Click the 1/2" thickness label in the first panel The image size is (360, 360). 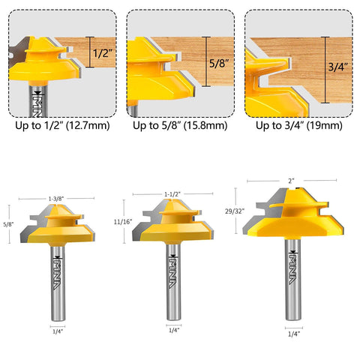click(100, 53)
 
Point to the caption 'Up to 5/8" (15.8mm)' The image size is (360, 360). click(180, 126)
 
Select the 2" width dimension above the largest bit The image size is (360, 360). click(290, 180)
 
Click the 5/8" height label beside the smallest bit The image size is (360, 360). click(8, 223)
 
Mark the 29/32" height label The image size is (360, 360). click(234, 211)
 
